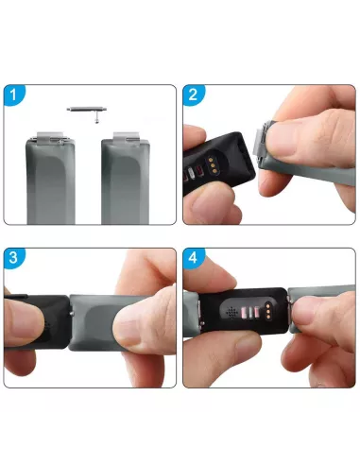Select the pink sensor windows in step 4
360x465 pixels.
(250, 311)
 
